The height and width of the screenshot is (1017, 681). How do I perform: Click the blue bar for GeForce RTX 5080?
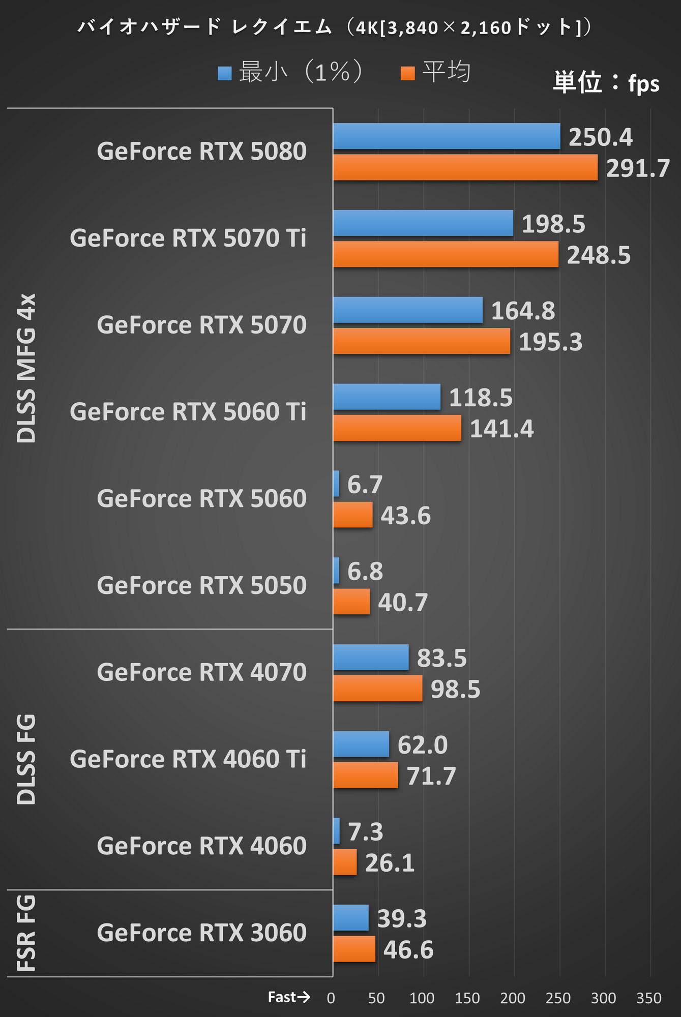coord(447,136)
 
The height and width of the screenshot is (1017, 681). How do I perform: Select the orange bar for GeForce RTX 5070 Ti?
coord(446,254)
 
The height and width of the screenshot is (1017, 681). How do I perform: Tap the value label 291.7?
coord(638,168)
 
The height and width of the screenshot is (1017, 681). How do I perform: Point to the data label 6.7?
coord(365,484)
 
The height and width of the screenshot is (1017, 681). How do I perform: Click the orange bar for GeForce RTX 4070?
coord(378,689)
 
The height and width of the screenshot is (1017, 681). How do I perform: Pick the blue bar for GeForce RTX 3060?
coord(351,918)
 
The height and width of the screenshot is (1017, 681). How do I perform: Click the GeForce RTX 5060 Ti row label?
coord(188,412)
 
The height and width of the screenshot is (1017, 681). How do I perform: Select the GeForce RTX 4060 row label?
coord(201,846)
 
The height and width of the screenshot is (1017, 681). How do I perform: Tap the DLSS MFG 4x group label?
coord(26,368)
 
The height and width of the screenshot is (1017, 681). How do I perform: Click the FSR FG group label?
coord(26,934)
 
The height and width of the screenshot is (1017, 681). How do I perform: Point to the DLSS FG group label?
coord(26,759)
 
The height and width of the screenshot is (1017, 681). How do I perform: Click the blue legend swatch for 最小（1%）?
coord(224,73)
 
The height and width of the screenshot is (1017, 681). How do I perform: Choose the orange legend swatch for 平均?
coord(407,73)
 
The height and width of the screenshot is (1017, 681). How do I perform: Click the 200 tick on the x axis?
coord(513,998)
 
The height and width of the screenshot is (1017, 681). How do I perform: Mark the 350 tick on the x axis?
coord(649,998)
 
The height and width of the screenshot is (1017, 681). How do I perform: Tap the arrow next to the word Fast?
coord(304,997)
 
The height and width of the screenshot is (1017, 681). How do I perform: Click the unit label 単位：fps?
coord(606,83)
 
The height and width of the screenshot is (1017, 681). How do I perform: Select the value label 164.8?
coord(523,311)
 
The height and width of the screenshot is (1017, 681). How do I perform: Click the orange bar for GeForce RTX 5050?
coord(351,602)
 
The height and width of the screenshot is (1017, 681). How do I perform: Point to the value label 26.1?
coord(390,863)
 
